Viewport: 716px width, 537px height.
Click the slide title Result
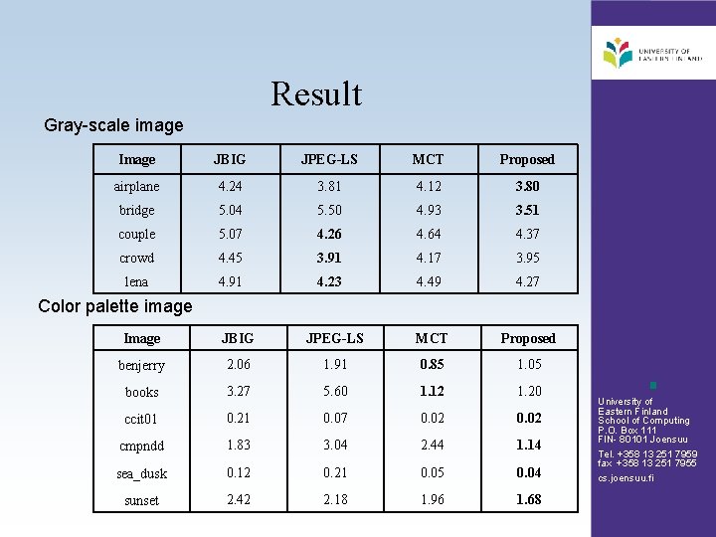coord(316,94)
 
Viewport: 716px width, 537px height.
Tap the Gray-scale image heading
coord(114,125)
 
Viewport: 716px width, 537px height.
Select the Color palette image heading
coord(114,305)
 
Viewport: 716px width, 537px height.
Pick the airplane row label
coord(136,186)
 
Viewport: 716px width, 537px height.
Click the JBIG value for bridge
coord(230,210)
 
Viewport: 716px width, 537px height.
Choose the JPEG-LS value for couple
coord(328,234)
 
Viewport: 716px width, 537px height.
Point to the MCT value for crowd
coord(428,258)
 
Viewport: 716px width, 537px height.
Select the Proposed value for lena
coord(527,281)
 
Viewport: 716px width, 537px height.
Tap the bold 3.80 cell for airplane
coord(527,186)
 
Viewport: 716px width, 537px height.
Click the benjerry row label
coord(141,365)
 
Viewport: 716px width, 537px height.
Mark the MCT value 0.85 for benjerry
coord(432,364)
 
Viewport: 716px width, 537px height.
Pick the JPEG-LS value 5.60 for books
coord(335,391)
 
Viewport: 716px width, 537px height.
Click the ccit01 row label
coord(141,419)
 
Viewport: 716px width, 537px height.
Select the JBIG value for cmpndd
coord(238,446)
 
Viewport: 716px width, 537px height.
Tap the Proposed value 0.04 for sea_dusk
coord(528,472)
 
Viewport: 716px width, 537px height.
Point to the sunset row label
coord(141,500)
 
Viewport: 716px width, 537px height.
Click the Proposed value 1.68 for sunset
coord(528,499)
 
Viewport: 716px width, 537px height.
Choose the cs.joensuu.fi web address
coord(626,478)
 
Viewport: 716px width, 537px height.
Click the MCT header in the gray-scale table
coord(428,159)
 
